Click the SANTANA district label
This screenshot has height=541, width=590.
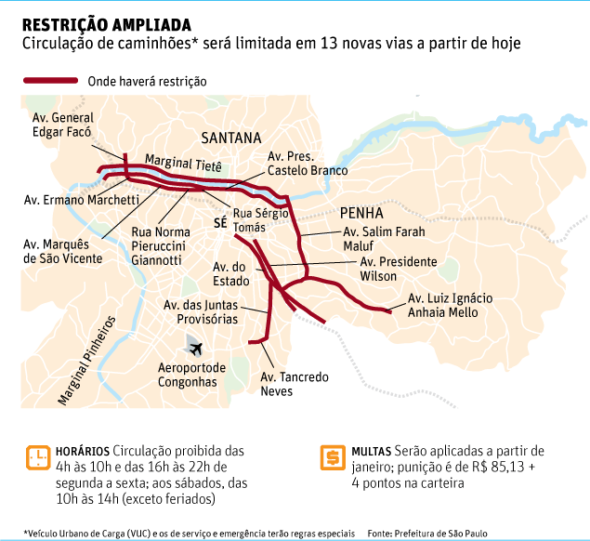(x=231, y=138)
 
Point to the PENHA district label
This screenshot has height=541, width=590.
(x=361, y=212)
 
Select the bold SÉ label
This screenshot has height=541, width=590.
(x=220, y=224)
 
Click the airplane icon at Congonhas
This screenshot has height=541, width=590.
(x=195, y=348)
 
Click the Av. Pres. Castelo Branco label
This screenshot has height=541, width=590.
(x=307, y=164)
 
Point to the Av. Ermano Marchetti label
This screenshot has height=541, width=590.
(x=81, y=200)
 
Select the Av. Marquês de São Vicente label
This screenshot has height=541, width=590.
(x=62, y=251)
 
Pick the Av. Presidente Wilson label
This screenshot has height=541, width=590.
(x=398, y=269)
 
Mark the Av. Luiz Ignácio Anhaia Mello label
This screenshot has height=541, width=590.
(x=450, y=305)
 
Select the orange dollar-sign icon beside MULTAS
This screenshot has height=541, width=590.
(x=330, y=457)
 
